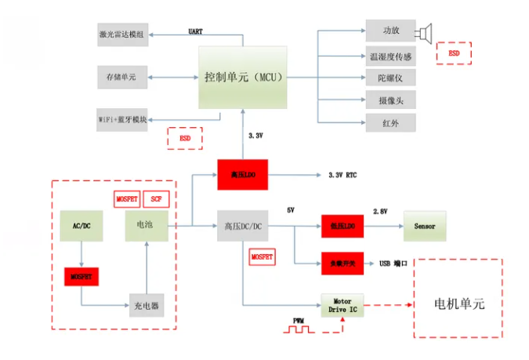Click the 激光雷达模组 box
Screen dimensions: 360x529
tap(122, 34)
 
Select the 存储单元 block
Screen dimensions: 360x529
tap(122, 77)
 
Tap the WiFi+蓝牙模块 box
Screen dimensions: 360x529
tap(122, 119)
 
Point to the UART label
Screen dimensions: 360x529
tap(196, 31)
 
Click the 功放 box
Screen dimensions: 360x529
tap(390, 31)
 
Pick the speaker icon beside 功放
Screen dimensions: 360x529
tap(426, 32)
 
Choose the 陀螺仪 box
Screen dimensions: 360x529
tap(390, 78)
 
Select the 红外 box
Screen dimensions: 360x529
tap(390, 122)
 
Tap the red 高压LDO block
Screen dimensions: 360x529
tap(242, 174)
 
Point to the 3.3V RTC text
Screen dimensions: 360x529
tap(342, 175)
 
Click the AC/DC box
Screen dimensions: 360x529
tap(81, 226)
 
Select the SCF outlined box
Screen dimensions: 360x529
tap(156, 199)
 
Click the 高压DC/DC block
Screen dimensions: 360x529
tap(242, 227)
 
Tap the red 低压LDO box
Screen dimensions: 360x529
tap(342, 227)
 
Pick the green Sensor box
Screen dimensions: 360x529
tap(424, 227)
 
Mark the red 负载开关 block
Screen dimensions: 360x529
tap(342, 263)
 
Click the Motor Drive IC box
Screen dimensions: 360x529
tap(342, 304)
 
